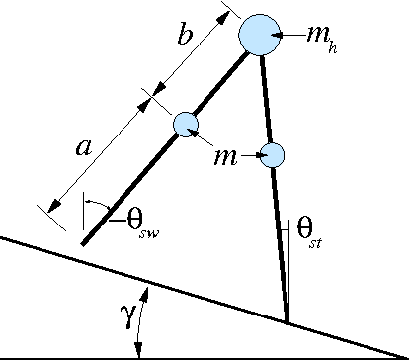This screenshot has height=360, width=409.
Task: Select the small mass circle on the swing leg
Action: (x=187, y=124)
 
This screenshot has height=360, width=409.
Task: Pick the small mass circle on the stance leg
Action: (x=272, y=154)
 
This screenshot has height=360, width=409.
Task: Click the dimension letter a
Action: (x=84, y=147)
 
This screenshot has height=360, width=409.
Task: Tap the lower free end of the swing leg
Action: (x=82, y=242)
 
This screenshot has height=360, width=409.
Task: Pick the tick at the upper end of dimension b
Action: (x=228, y=10)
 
